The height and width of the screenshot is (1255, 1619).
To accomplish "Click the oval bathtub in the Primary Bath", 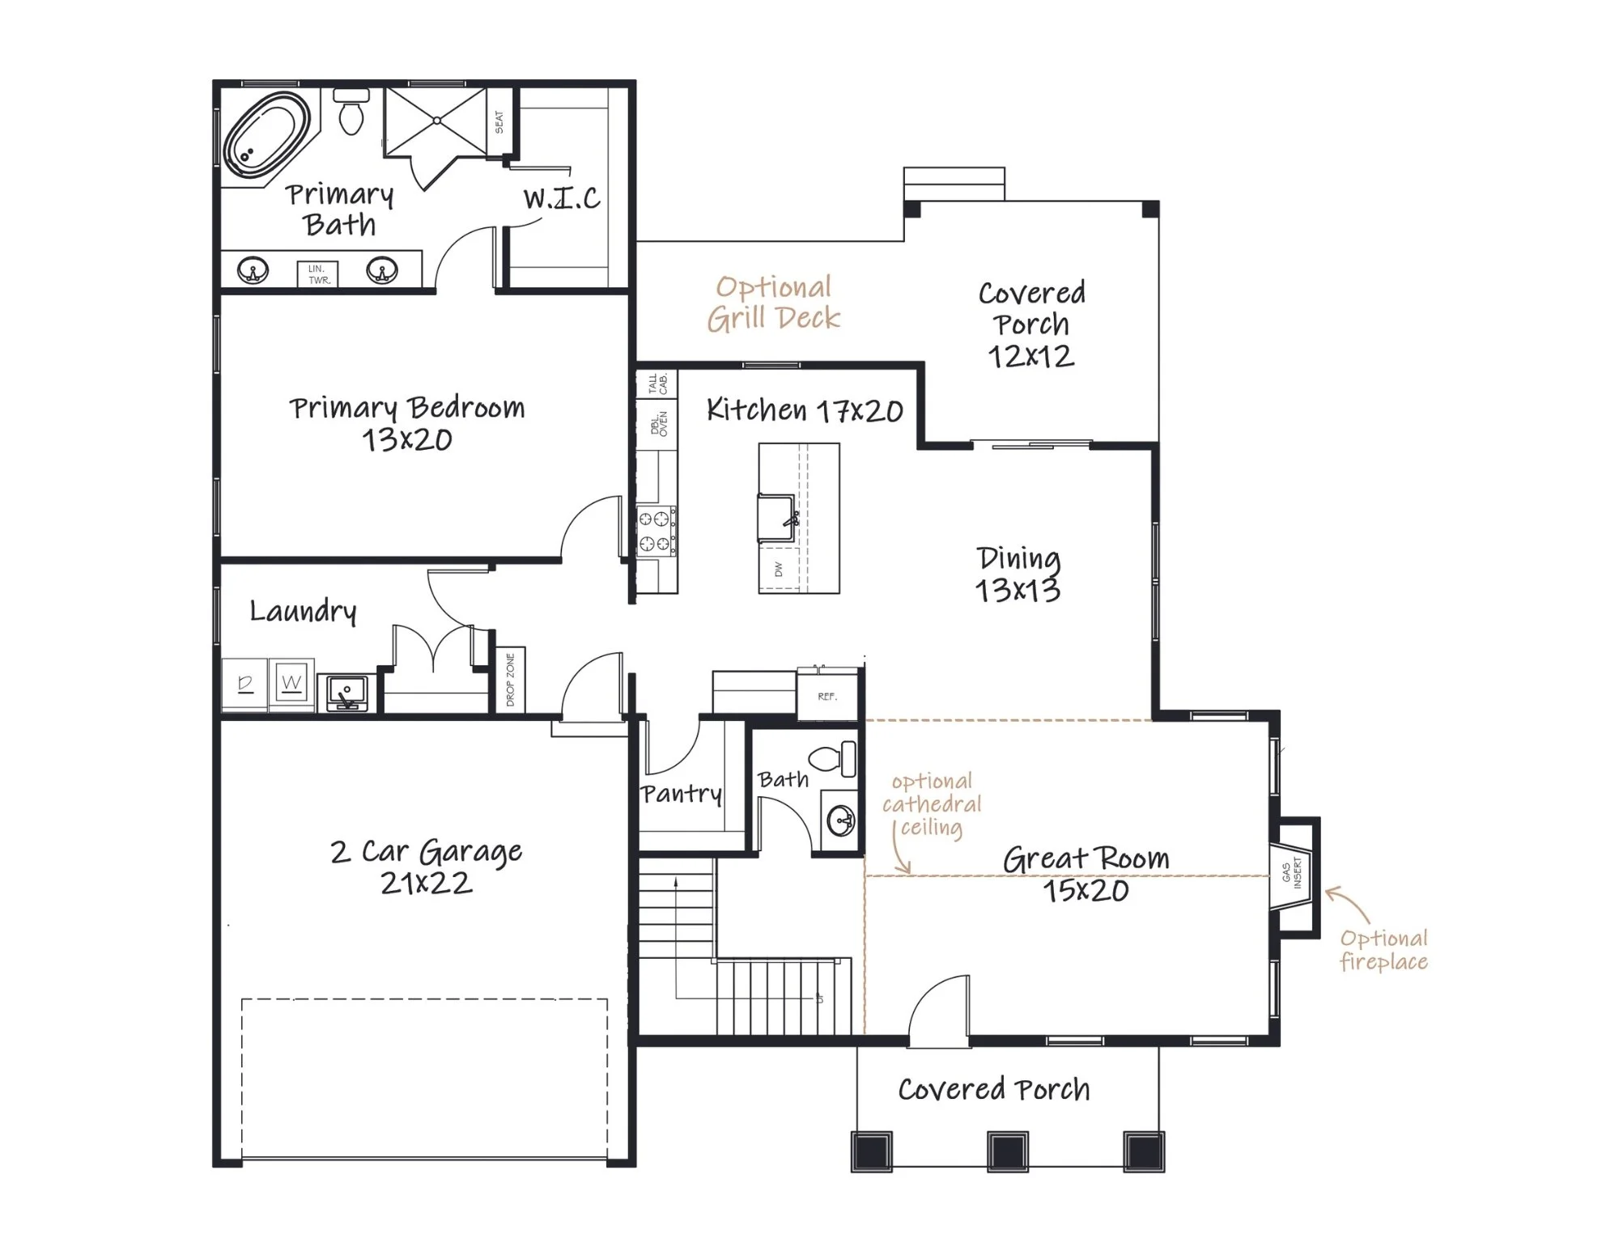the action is coord(266,137).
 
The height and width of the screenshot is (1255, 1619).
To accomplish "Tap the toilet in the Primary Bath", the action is coord(351,112).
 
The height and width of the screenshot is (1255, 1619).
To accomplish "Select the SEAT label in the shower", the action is coord(499,122).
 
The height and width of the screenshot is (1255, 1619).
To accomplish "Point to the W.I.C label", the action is coord(562,197).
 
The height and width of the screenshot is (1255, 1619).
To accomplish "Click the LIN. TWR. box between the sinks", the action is coord(318,274).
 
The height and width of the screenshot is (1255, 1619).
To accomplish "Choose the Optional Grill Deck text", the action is coord(774,303).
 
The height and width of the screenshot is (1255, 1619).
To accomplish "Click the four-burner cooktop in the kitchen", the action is coord(656,530).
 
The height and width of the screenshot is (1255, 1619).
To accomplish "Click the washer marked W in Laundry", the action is coord(292,684).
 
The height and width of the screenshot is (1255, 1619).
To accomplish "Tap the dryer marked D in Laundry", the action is coord(246,684).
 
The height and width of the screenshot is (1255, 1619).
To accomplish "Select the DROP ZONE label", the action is coord(510,680).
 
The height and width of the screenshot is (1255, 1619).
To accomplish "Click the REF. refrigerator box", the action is coord(827,696).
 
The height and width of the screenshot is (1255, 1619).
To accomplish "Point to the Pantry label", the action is coord(681,793).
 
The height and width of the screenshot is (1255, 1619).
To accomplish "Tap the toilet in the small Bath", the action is coord(832,758).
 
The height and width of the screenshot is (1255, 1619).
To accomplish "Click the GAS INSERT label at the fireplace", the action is coord(1291,873).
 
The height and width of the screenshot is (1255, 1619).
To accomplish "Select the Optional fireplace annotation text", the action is coord(1383,950).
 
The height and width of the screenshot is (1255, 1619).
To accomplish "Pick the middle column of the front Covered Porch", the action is coord(1008,1151).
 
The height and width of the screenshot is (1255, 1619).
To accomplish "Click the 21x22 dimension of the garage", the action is coord(426,883).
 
